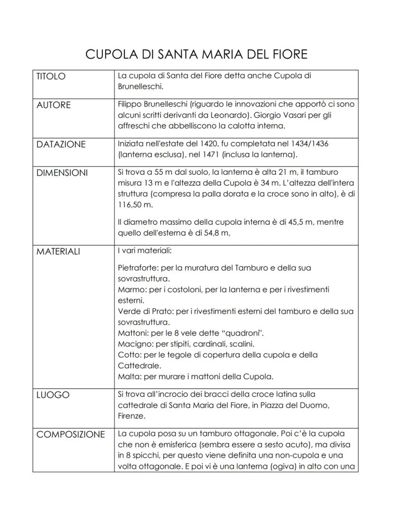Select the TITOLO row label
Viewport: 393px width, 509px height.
(x=51, y=77)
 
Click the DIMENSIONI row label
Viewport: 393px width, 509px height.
(x=62, y=173)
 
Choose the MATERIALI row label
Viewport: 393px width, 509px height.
(x=58, y=251)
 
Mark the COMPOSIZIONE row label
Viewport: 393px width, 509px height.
(x=71, y=434)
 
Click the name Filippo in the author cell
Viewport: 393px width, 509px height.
(x=131, y=104)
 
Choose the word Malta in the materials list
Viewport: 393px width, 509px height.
(x=128, y=377)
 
